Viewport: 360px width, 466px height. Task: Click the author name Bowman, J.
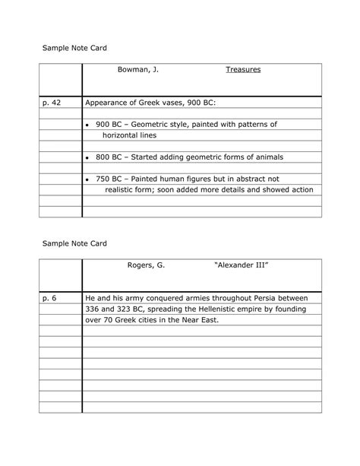[x=137, y=70]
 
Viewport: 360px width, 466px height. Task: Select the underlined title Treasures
[x=243, y=70]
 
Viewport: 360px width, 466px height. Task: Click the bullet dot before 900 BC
[x=88, y=125]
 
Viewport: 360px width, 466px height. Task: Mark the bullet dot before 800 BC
[x=88, y=157]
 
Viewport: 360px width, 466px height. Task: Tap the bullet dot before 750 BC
[x=88, y=179]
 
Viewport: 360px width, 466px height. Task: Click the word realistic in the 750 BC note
[x=121, y=190]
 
